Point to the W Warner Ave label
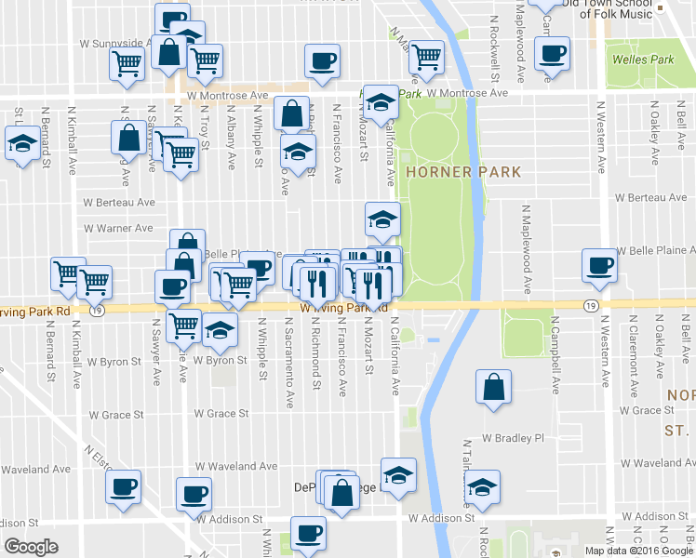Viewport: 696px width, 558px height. click(x=117, y=228)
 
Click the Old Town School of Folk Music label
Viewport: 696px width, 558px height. click(x=604, y=9)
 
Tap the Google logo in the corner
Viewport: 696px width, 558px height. click(x=31, y=547)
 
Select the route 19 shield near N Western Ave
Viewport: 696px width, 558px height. click(x=591, y=305)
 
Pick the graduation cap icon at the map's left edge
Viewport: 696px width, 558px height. click(x=20, y=144)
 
